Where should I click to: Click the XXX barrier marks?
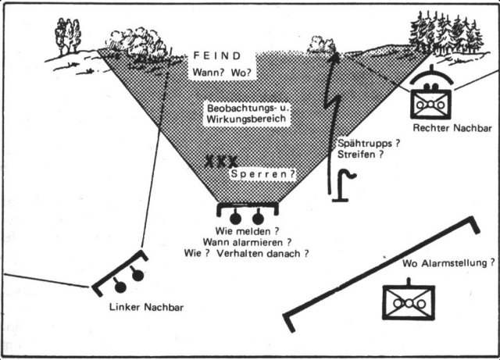(x=221, y=162)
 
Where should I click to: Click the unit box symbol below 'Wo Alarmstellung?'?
(x=408, y=301)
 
